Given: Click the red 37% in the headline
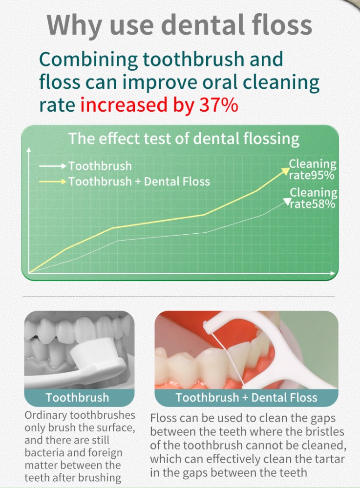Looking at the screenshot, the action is coord(219,104).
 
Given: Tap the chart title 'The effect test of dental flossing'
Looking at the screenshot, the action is coord(184,139).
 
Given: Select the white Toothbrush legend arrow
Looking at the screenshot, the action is coord(53,166).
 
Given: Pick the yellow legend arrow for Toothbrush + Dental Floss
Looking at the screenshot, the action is coord(53,182).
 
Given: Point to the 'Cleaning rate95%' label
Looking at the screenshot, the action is coord(312,170).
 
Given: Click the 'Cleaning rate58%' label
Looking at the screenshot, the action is coord(313,198).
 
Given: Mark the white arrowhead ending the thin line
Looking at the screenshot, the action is coord(287,202).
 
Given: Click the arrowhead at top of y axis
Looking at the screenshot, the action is coord(29,150).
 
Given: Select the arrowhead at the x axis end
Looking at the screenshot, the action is coord(333,273).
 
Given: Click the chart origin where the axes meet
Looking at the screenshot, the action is coord(29,273).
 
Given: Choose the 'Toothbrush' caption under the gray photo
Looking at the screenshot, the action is coord(78,397).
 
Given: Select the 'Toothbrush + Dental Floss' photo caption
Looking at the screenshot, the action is coord(246,397).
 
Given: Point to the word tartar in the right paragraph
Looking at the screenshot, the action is coord(330,459).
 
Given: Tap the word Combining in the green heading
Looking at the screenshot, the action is coord(88,60).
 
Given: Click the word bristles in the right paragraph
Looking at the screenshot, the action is coord(325,432).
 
